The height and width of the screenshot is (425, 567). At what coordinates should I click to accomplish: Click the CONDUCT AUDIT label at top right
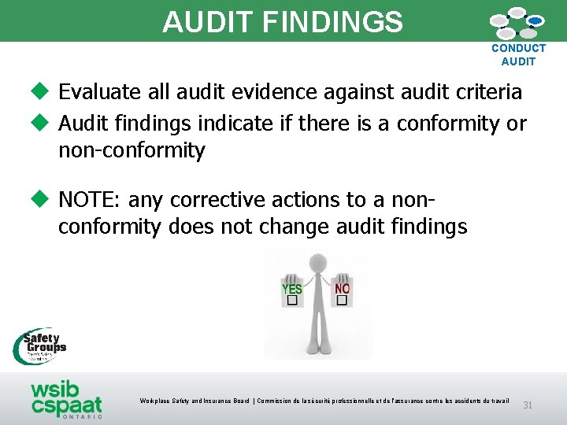518,54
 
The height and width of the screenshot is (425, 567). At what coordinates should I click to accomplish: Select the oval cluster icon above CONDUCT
517,23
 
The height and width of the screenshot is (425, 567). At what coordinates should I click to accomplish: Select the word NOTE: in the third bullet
91,200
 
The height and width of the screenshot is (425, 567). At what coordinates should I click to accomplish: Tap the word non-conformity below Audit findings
132,150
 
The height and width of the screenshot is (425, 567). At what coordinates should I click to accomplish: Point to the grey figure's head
317,262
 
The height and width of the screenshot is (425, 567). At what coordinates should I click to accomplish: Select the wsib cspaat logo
66,399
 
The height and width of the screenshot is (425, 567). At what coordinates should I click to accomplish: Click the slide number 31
528,405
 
